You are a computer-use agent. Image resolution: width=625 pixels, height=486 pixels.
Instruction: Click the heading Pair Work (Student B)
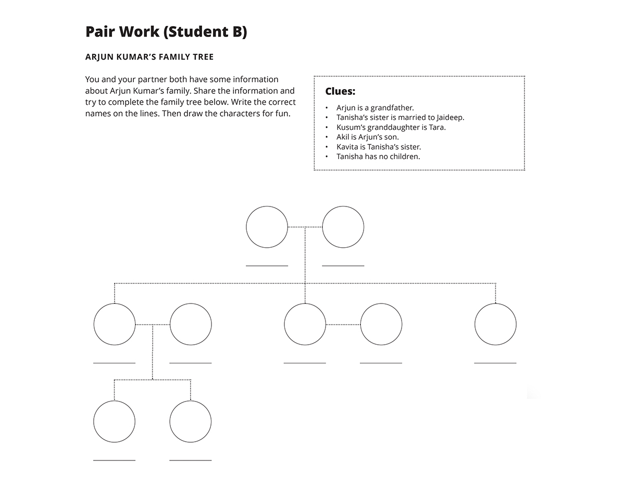click(x=166, y=32)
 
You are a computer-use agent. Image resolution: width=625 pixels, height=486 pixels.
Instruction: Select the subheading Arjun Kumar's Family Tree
click(x=149, y=57)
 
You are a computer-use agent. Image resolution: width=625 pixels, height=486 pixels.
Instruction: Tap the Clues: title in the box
click(x=340, y=91)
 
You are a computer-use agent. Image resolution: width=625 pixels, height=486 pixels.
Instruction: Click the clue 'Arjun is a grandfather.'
click(x=375, y=108)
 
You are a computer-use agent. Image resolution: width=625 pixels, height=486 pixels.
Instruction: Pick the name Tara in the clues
click(x=437, y=127)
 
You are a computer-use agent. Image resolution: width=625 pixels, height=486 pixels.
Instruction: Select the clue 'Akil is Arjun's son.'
click(x=367, y=137)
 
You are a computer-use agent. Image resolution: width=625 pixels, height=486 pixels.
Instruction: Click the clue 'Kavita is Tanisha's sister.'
click(x=378, y=147)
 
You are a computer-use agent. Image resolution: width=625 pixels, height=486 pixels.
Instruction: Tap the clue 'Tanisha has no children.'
click(x=378, y=156)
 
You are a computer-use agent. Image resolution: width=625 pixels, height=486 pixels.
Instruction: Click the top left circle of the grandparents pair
click(x=267, y=227)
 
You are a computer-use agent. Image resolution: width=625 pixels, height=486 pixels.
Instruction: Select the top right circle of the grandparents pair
click(x=343, y=227)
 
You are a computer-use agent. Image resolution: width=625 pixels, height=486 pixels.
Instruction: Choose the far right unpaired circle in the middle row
click(x=495, y=324)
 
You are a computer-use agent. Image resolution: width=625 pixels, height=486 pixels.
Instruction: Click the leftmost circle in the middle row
click(x=115, y=324)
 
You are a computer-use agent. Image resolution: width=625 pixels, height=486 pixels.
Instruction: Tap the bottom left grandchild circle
click(x=115, y=421)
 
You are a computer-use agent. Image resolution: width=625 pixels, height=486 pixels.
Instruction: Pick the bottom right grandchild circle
click(x=191, y=421)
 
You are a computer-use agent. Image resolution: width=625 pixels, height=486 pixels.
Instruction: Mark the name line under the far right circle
click(x=495, y=362)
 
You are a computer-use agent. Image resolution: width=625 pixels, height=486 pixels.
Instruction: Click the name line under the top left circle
click(x=267, y=265)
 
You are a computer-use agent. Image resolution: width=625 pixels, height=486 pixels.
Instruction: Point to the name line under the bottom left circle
click(x=115, y=460)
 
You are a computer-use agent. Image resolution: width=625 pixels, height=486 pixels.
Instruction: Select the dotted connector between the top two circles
click(x=305, y=227)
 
